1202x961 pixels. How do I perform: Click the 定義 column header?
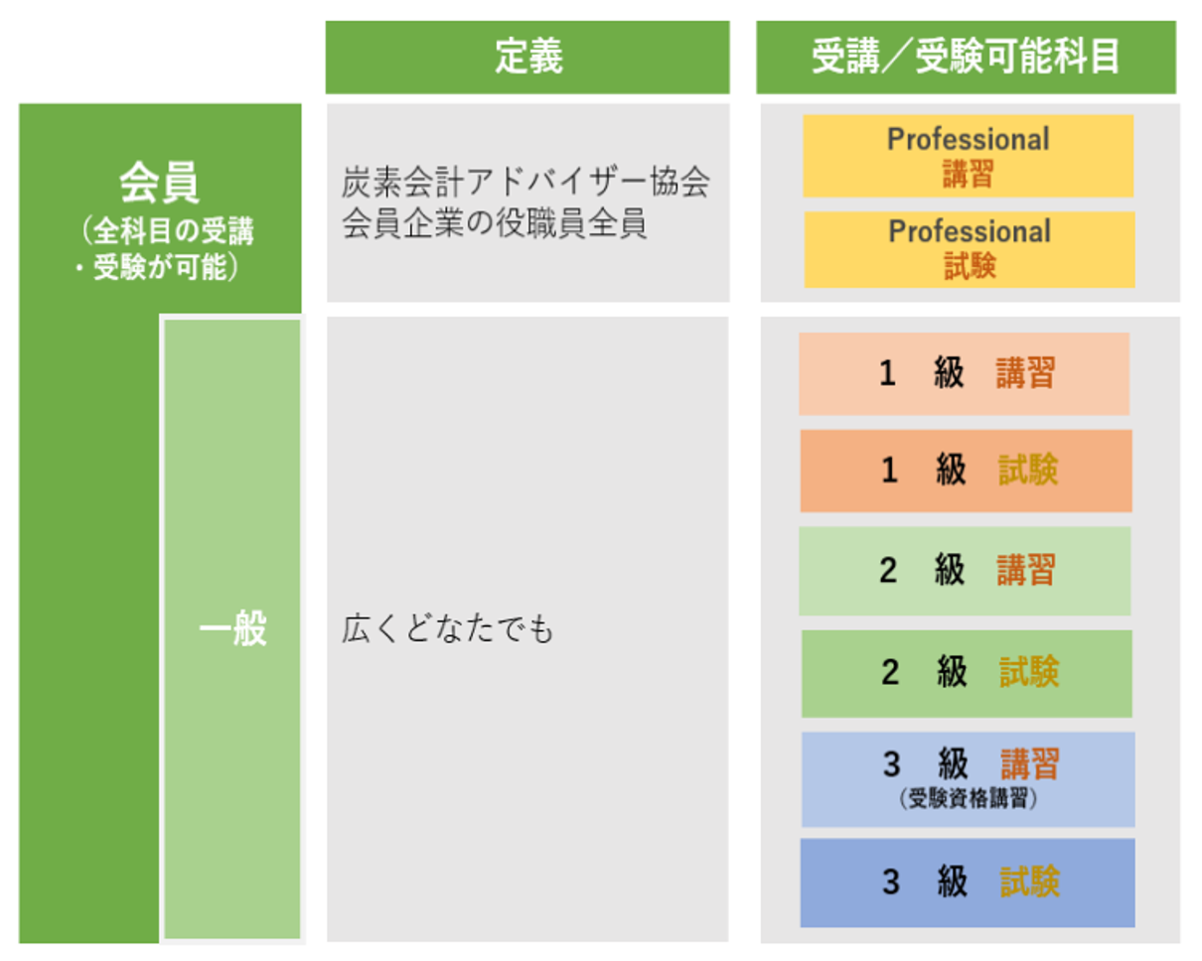[x=527, y=58]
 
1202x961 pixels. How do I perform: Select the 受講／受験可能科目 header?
[x=966, y=58]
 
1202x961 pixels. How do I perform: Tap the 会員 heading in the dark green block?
[x=159, y=183]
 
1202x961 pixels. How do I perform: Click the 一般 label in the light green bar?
[x=232, y=629]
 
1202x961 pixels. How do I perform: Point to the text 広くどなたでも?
[x=447, y=630]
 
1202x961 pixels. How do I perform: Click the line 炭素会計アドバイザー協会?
[x=526, y=185]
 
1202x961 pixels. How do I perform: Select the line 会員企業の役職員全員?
[x=495, y=224]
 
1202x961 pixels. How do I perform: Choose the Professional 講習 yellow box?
[x=968, y=156]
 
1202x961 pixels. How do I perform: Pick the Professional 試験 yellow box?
[x=969, y=249]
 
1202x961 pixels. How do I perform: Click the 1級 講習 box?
[x=964, y=373]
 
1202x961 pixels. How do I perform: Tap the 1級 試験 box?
[x=966, y=471]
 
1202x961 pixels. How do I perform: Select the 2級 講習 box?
[x=965, y=570]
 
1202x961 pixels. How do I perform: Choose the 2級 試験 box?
[x=967, y=672]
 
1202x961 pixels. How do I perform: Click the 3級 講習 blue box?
[x=968, y=778]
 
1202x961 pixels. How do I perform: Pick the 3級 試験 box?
[x=968, y=883]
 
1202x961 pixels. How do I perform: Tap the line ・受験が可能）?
[x=159, y=268]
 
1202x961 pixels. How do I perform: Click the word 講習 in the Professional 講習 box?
[x=969, y=175]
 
